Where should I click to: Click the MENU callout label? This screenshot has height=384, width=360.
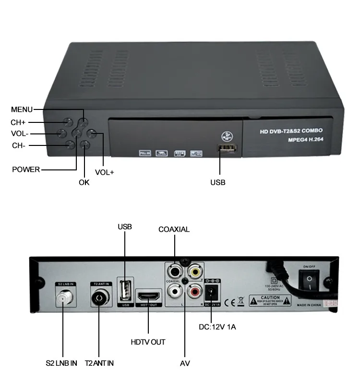pyautogui.click(x=22, y=109)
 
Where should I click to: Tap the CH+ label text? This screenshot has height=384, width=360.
pyautogui.click(x=18, y=122)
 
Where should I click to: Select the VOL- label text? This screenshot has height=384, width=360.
pyautogui.click(x=19, y=133)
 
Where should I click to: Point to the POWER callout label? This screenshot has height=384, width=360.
pyautogui.click(x=26, y=169)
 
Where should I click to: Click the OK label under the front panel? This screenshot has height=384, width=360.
pyautogui.click(x=84, y=182)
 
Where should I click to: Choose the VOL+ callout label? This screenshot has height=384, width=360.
pyautogui.click(x=104, y=172)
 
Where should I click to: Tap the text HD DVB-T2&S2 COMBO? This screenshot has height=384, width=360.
pyautogui.click(x=291, y=131)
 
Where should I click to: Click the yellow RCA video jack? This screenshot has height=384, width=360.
pyautogui.click(x=194, y=272)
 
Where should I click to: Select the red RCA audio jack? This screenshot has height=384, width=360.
pyautogui.click(x=194, y=290)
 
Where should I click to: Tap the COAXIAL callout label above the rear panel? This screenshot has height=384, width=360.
pyautogui.click(x=174, y=229)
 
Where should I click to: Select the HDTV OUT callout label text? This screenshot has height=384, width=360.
pyautogui.click(x=148, y=342)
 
